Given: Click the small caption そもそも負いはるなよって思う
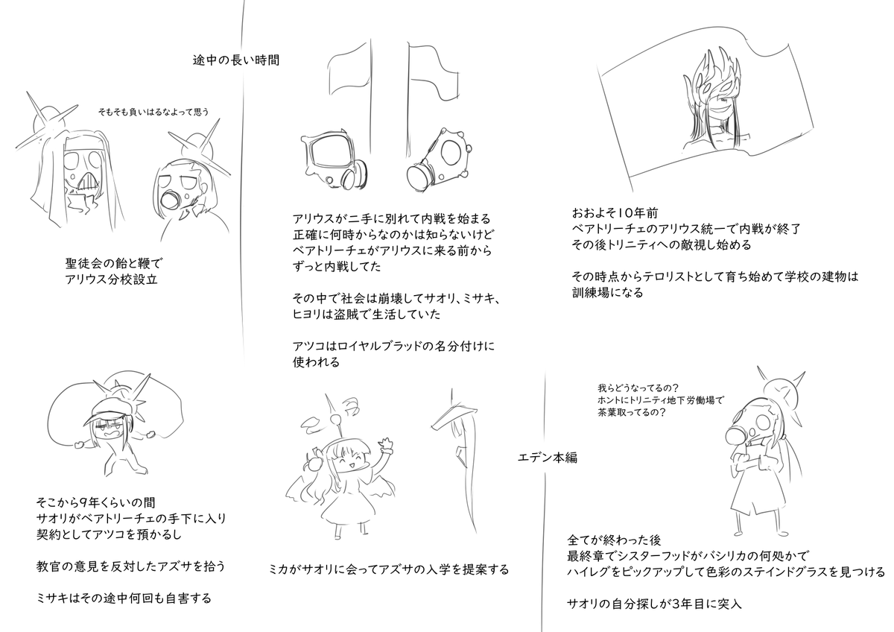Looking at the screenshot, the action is (x=153, y=112).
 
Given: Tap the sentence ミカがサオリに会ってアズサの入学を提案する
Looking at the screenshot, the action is (x=389, y=570).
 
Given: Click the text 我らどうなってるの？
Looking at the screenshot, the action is (x=636, y=388).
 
